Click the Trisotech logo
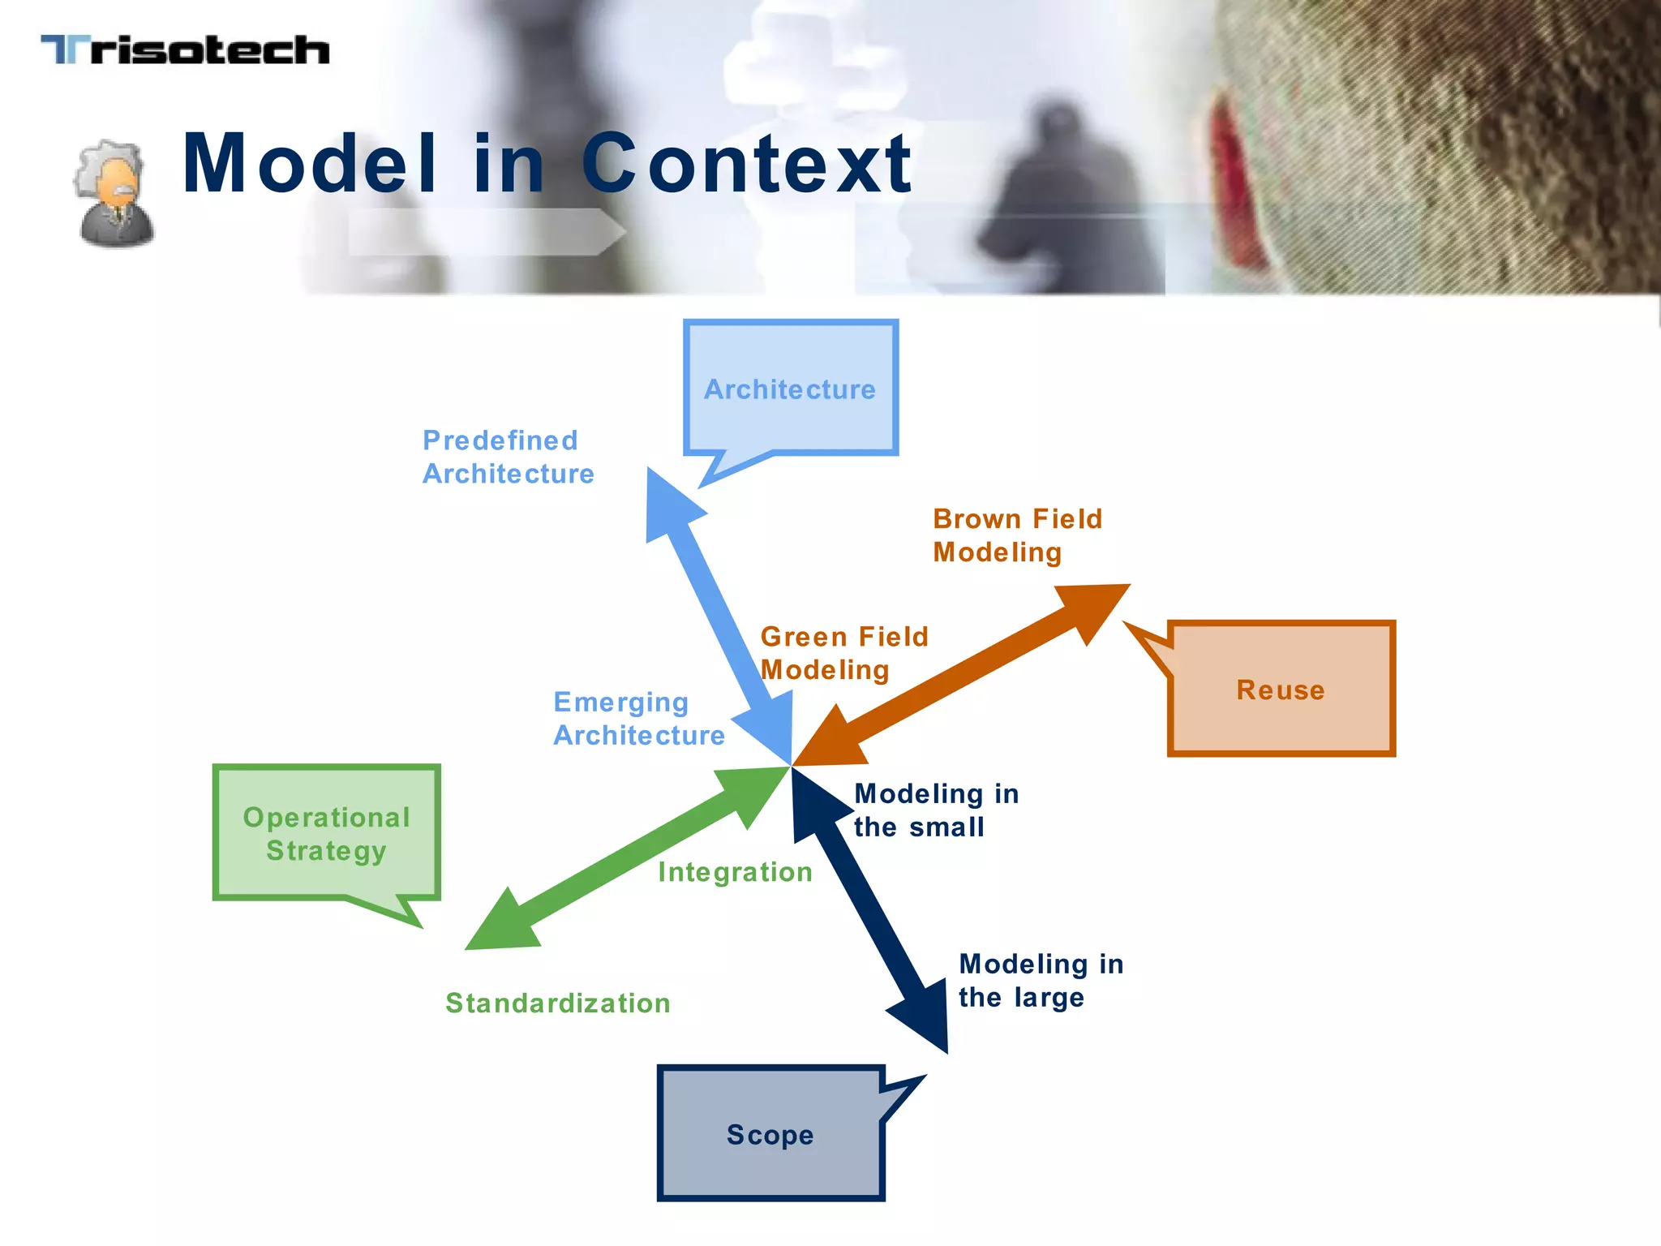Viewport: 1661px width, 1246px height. click(185, 50)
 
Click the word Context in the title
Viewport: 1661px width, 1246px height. click(746, 165)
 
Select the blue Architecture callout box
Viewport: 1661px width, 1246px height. click(790, 389)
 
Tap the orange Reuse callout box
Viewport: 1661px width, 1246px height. click(1281, 690)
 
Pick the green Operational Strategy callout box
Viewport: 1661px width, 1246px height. click(326, 833)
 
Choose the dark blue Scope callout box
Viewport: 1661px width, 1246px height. click(770, 1134)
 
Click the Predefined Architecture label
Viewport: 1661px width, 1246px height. click(508, 457)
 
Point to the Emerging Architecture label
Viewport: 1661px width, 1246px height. click(638, 719)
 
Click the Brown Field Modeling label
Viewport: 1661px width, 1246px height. click(1017, 535)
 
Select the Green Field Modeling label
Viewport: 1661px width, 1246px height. click(843, 653)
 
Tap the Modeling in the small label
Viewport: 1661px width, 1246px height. click(936, 810)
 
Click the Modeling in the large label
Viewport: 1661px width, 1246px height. click(1041, 980)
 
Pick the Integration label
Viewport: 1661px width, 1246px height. click(735, 872)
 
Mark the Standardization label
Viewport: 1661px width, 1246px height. click(558, 1003)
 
